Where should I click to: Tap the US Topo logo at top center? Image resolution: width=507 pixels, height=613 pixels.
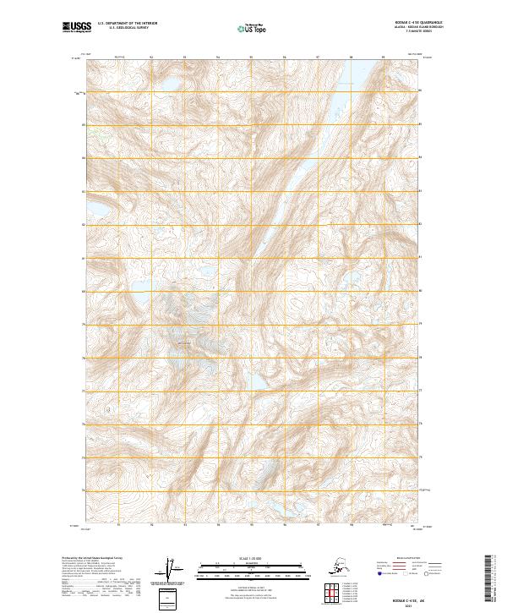pos(251,30)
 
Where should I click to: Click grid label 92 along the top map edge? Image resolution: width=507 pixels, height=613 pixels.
pos(150,57)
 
